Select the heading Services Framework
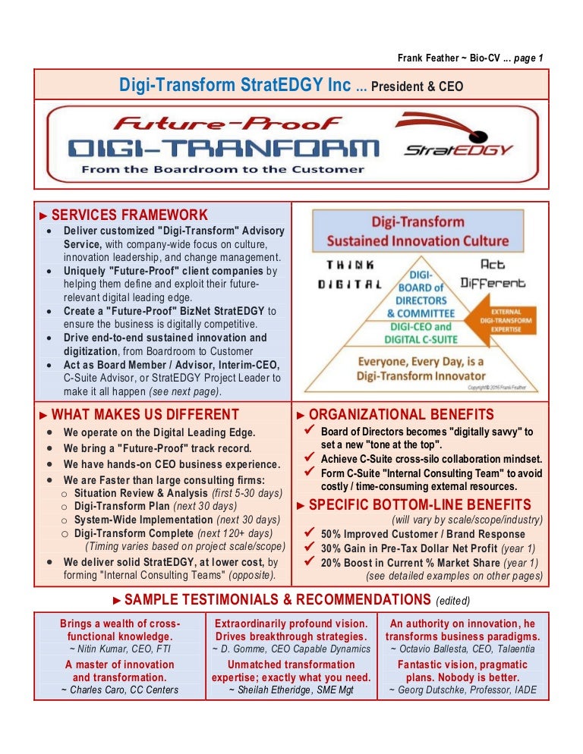(x=130, y=215)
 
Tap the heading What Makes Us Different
(x=145, y=414)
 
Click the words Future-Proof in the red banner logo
(x=227, y=124)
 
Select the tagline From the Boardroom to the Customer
(x=223, y=169)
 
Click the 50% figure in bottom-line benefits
(x=330, y=534)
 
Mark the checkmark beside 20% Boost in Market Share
(x=310, y=561)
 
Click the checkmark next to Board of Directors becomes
(x=310, y=429)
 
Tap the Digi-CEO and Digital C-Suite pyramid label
(x=421, y=333)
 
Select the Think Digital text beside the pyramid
(x=349, y=275)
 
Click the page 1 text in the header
(x=528, y=58)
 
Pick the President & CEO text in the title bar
(x=417, y=86)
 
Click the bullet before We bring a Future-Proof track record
(x=49, y=448)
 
